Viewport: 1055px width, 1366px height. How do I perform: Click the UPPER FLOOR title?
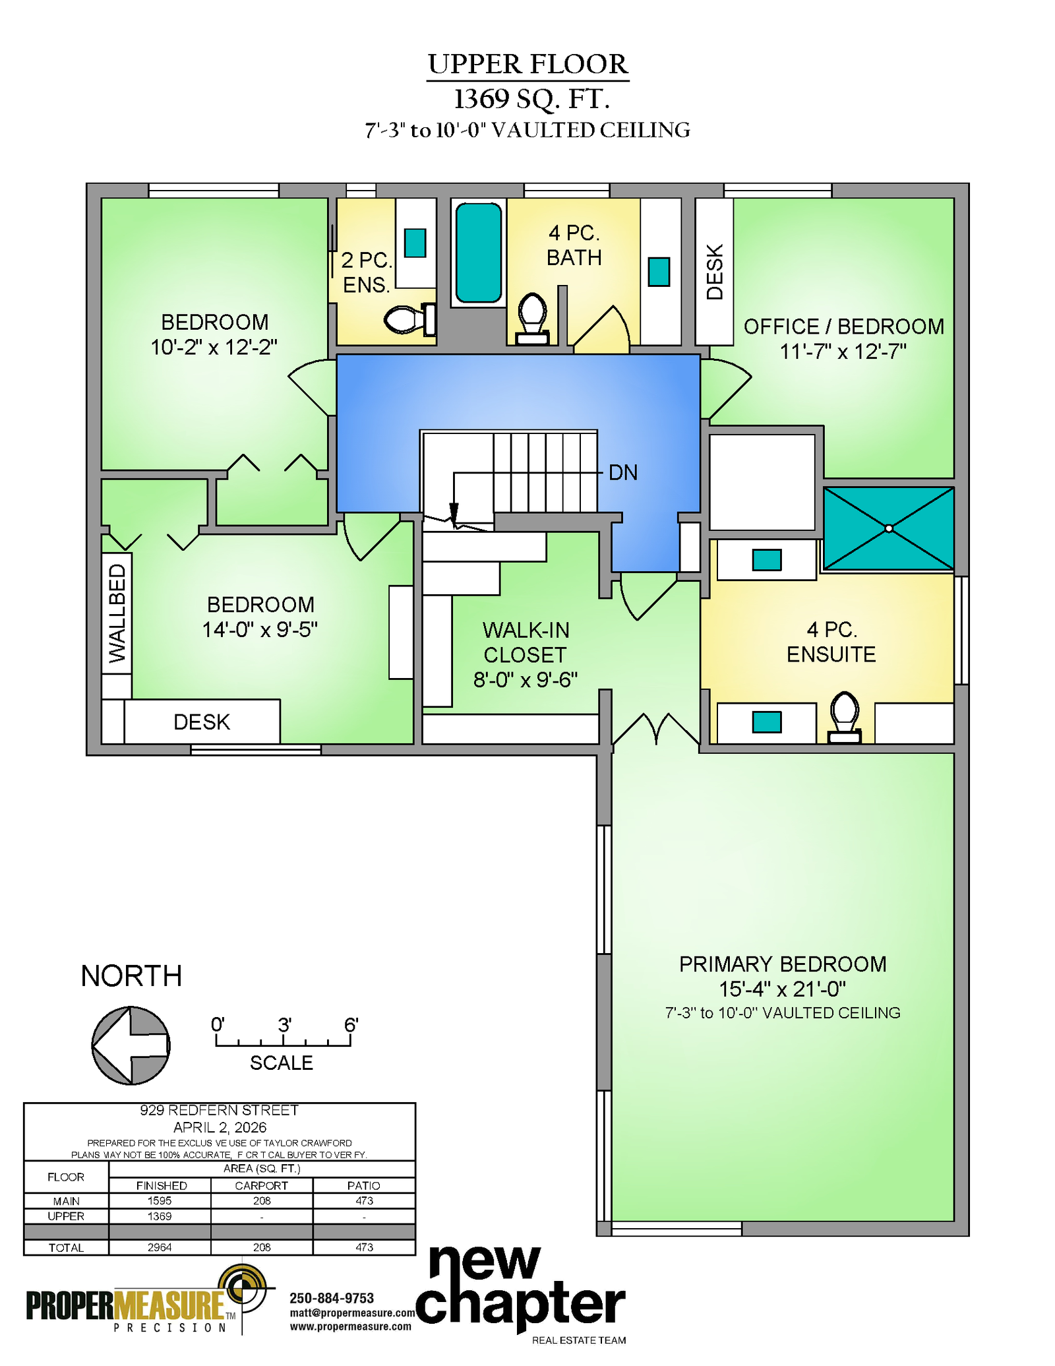[x=527, y=64]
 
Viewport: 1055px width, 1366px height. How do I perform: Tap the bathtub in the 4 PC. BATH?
[x=479, y=253]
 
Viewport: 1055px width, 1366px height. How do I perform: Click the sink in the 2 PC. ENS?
[x=415, y=242]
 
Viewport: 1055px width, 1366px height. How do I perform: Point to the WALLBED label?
[x=117, y=613]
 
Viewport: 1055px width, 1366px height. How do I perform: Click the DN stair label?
[x=623, y=472]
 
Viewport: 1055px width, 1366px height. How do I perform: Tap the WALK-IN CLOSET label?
[x=526, y=654]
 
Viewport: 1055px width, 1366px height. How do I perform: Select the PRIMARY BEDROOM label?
[x=783, y=964]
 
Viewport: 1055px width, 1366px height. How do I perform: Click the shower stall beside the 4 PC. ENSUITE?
[x=889, y=528]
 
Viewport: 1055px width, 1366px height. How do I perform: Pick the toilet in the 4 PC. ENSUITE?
[x=845, y=718]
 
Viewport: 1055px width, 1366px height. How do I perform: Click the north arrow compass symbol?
[x=131, y=1045]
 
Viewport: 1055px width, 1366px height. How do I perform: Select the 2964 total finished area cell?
[x=160, y=1247]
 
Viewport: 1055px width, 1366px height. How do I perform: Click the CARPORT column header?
[x=261, y=1185]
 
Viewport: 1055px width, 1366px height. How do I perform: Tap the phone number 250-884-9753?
[x=332, y=1298]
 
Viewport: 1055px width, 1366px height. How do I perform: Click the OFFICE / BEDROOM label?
[x=844, y=326]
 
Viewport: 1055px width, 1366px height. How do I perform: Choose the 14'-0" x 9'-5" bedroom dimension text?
[x=260, y=629]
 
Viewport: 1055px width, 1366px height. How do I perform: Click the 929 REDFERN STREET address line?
[x=220, y=1110]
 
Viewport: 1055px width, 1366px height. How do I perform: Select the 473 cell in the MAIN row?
[x=364, y=1200]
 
